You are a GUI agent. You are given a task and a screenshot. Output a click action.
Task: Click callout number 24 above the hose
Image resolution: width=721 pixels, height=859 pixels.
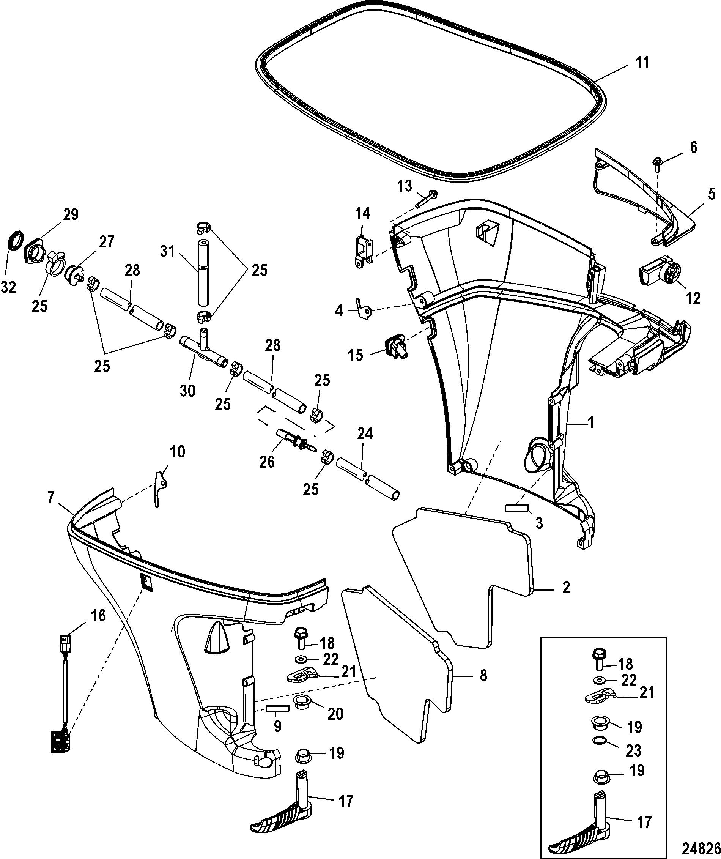coord(365,433)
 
